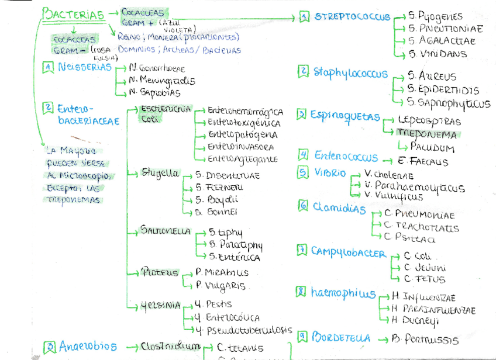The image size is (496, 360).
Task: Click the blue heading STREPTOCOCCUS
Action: (352, 17)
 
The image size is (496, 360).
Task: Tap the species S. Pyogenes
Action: (436, 16)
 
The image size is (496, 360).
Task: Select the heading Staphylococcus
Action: (350, 73)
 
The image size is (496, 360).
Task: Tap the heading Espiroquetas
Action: (345, 115)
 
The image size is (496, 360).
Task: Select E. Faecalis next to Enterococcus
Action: (422, 161)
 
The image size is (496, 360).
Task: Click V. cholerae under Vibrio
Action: (388, 175)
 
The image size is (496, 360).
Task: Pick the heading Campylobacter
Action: (348, 253)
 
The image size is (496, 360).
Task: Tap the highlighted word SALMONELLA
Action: (166, 231)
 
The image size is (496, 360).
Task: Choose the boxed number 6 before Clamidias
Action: (303, 206)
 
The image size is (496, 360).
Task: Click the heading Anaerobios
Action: (88, 347)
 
